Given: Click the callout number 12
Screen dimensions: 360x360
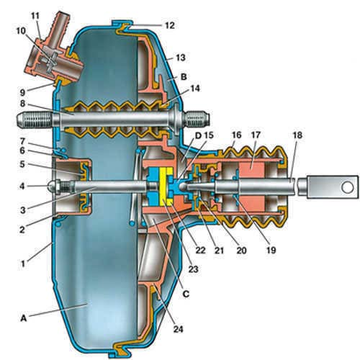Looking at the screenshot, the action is (x=170, y=25).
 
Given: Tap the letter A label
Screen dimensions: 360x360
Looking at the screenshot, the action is (x=23, y=318).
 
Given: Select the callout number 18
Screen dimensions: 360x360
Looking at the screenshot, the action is (x=297, y=135).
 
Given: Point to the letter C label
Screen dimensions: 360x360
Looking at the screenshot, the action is (x=186, y=294).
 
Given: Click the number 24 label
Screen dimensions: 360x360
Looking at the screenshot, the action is (x=179, y=329).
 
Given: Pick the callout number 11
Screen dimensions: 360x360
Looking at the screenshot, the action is (x=35, y=16).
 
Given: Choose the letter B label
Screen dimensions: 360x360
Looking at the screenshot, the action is (x=184, y=77).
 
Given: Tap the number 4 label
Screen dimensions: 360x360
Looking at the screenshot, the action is (x=22, y=186).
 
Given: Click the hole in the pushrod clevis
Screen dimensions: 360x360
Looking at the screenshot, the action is (x=347, y=187).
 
